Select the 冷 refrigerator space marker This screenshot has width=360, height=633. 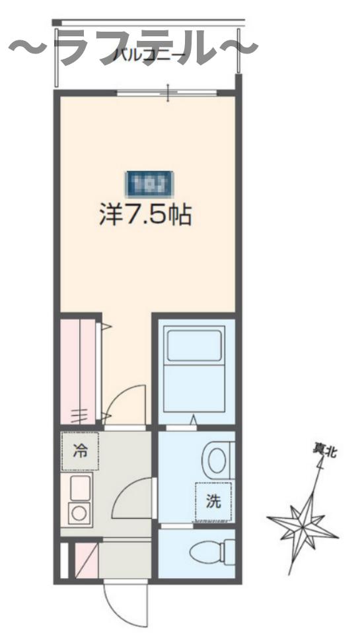79,452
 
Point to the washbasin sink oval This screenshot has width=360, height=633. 216,458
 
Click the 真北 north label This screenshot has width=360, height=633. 324,451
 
